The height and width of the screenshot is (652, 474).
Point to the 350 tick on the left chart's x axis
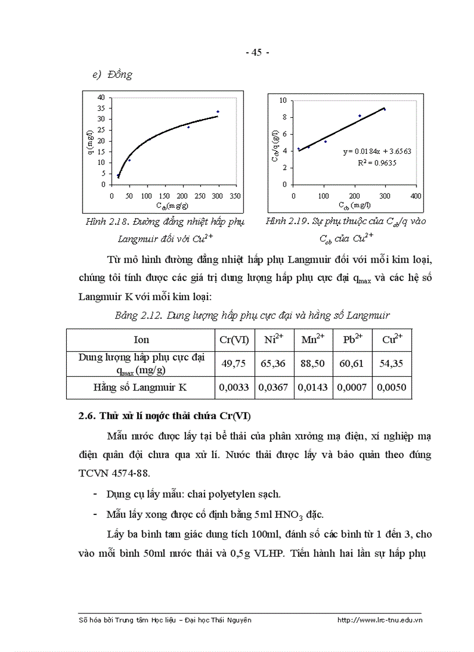pos(235,196)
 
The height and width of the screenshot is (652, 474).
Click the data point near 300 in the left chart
pos(218,111)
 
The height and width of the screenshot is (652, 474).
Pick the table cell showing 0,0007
pos(352,388)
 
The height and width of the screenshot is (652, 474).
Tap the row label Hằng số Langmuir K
pos(142,387)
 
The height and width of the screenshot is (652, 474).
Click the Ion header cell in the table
pos(141,340)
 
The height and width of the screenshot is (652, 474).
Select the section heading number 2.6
pos(87,416)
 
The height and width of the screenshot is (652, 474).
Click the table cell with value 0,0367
pos(273,388)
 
